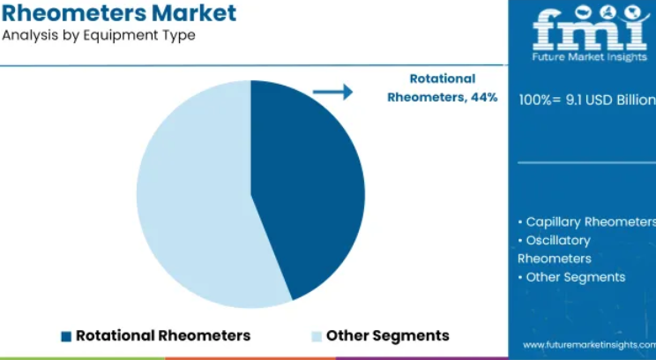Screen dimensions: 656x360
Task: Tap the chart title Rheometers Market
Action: (x=119, y=12)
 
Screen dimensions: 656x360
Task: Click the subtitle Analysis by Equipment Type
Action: (x=99, y=35)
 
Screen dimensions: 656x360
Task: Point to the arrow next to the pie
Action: (x=333, y=92)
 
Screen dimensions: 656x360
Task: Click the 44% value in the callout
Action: (x=484, y=98)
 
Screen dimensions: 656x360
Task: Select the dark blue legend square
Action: (x=66, y=336)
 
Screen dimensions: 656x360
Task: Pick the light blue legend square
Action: (x=317, y=336)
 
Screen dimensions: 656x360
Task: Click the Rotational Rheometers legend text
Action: (x=163, y=335)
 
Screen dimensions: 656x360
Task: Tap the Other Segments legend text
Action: (x=387, y=335)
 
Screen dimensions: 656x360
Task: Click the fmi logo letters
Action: (x=592, y=27)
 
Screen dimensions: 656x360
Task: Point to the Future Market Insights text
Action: (x=590, y=57)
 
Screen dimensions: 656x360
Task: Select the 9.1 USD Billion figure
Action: (x=611, y=100)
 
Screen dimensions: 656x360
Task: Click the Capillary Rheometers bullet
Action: (x=587, y=221)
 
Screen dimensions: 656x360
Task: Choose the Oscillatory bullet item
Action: (x=555, y=250)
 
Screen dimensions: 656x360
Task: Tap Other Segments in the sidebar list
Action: (x=571, y=277)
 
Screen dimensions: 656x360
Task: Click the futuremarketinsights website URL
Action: (x=590, y=345)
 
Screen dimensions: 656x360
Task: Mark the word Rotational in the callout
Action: (x=443, y=79)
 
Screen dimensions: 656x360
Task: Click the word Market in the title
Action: (x=194, y=12)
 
